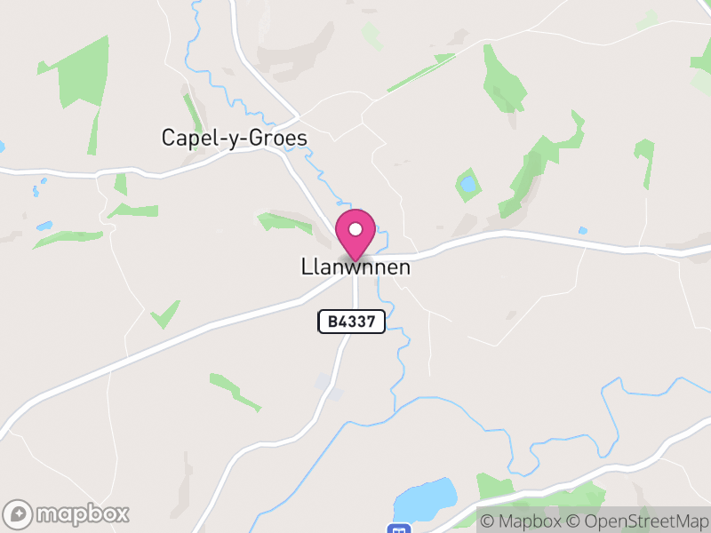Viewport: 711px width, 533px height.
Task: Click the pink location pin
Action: point(355,234)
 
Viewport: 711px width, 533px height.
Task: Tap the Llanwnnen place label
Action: point(356,267)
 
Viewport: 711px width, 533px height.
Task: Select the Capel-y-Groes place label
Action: point(234,139)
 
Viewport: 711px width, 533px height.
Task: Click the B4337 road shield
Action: point(351,322)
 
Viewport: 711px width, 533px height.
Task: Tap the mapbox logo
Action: point(68,513)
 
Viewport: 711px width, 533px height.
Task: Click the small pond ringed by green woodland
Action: point(467,185)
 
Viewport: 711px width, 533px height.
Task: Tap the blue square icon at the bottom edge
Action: point(399,528)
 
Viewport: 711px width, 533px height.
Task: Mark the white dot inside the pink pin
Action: point(355,229)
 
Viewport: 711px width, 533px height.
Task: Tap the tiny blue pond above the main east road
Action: point(582,231)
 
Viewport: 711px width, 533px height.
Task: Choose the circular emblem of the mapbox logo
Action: point(19,513)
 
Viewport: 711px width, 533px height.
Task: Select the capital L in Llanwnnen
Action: point(307,267)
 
